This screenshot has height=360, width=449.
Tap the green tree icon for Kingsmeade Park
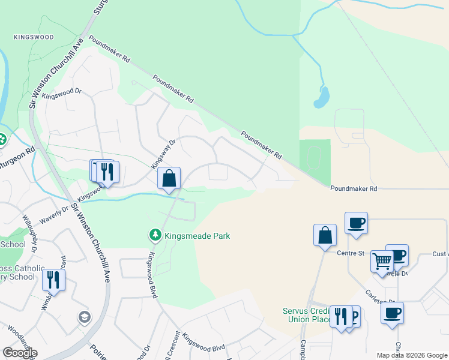click(x=155, y=235)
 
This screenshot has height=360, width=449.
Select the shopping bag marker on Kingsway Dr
click(x=169, y=178)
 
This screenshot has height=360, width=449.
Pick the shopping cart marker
click(x=382, y=261)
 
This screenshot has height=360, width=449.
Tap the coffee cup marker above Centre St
click(x=356, y=223)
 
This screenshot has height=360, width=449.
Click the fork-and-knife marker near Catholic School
click(x=53, y=280)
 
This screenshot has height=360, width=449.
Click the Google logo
click(x=19, y=353)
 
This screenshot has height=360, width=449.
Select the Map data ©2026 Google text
click(x=411, y=355)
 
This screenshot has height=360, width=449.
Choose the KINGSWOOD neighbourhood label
click(x=34, y=37)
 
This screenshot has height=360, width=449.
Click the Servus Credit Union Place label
click(x=307, y=315)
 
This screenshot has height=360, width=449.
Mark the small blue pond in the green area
click(x=323, y=97)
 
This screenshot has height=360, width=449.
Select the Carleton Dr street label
click(x=381, y=298)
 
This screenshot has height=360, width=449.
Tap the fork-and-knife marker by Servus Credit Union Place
click(x=340, y=317)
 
